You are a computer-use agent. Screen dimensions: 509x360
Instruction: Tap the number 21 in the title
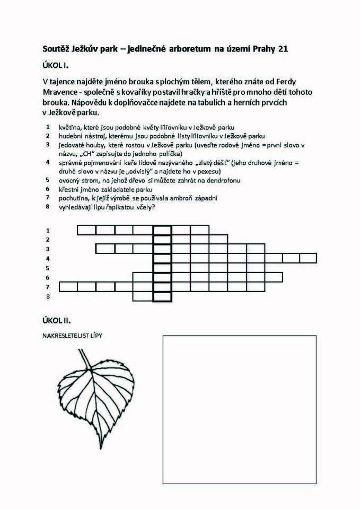point(282,49)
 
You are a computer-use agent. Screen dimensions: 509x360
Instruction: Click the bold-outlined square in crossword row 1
point(162,230)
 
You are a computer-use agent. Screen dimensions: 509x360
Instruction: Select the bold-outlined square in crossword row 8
point(162,296)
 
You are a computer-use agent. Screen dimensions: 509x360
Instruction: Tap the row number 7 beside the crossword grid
point(48,287)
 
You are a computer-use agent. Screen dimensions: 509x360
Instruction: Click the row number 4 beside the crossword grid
point(48,258)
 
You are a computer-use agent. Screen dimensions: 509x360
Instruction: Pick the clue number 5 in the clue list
point(48,180)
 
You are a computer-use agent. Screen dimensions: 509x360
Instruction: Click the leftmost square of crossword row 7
point(68,287)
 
